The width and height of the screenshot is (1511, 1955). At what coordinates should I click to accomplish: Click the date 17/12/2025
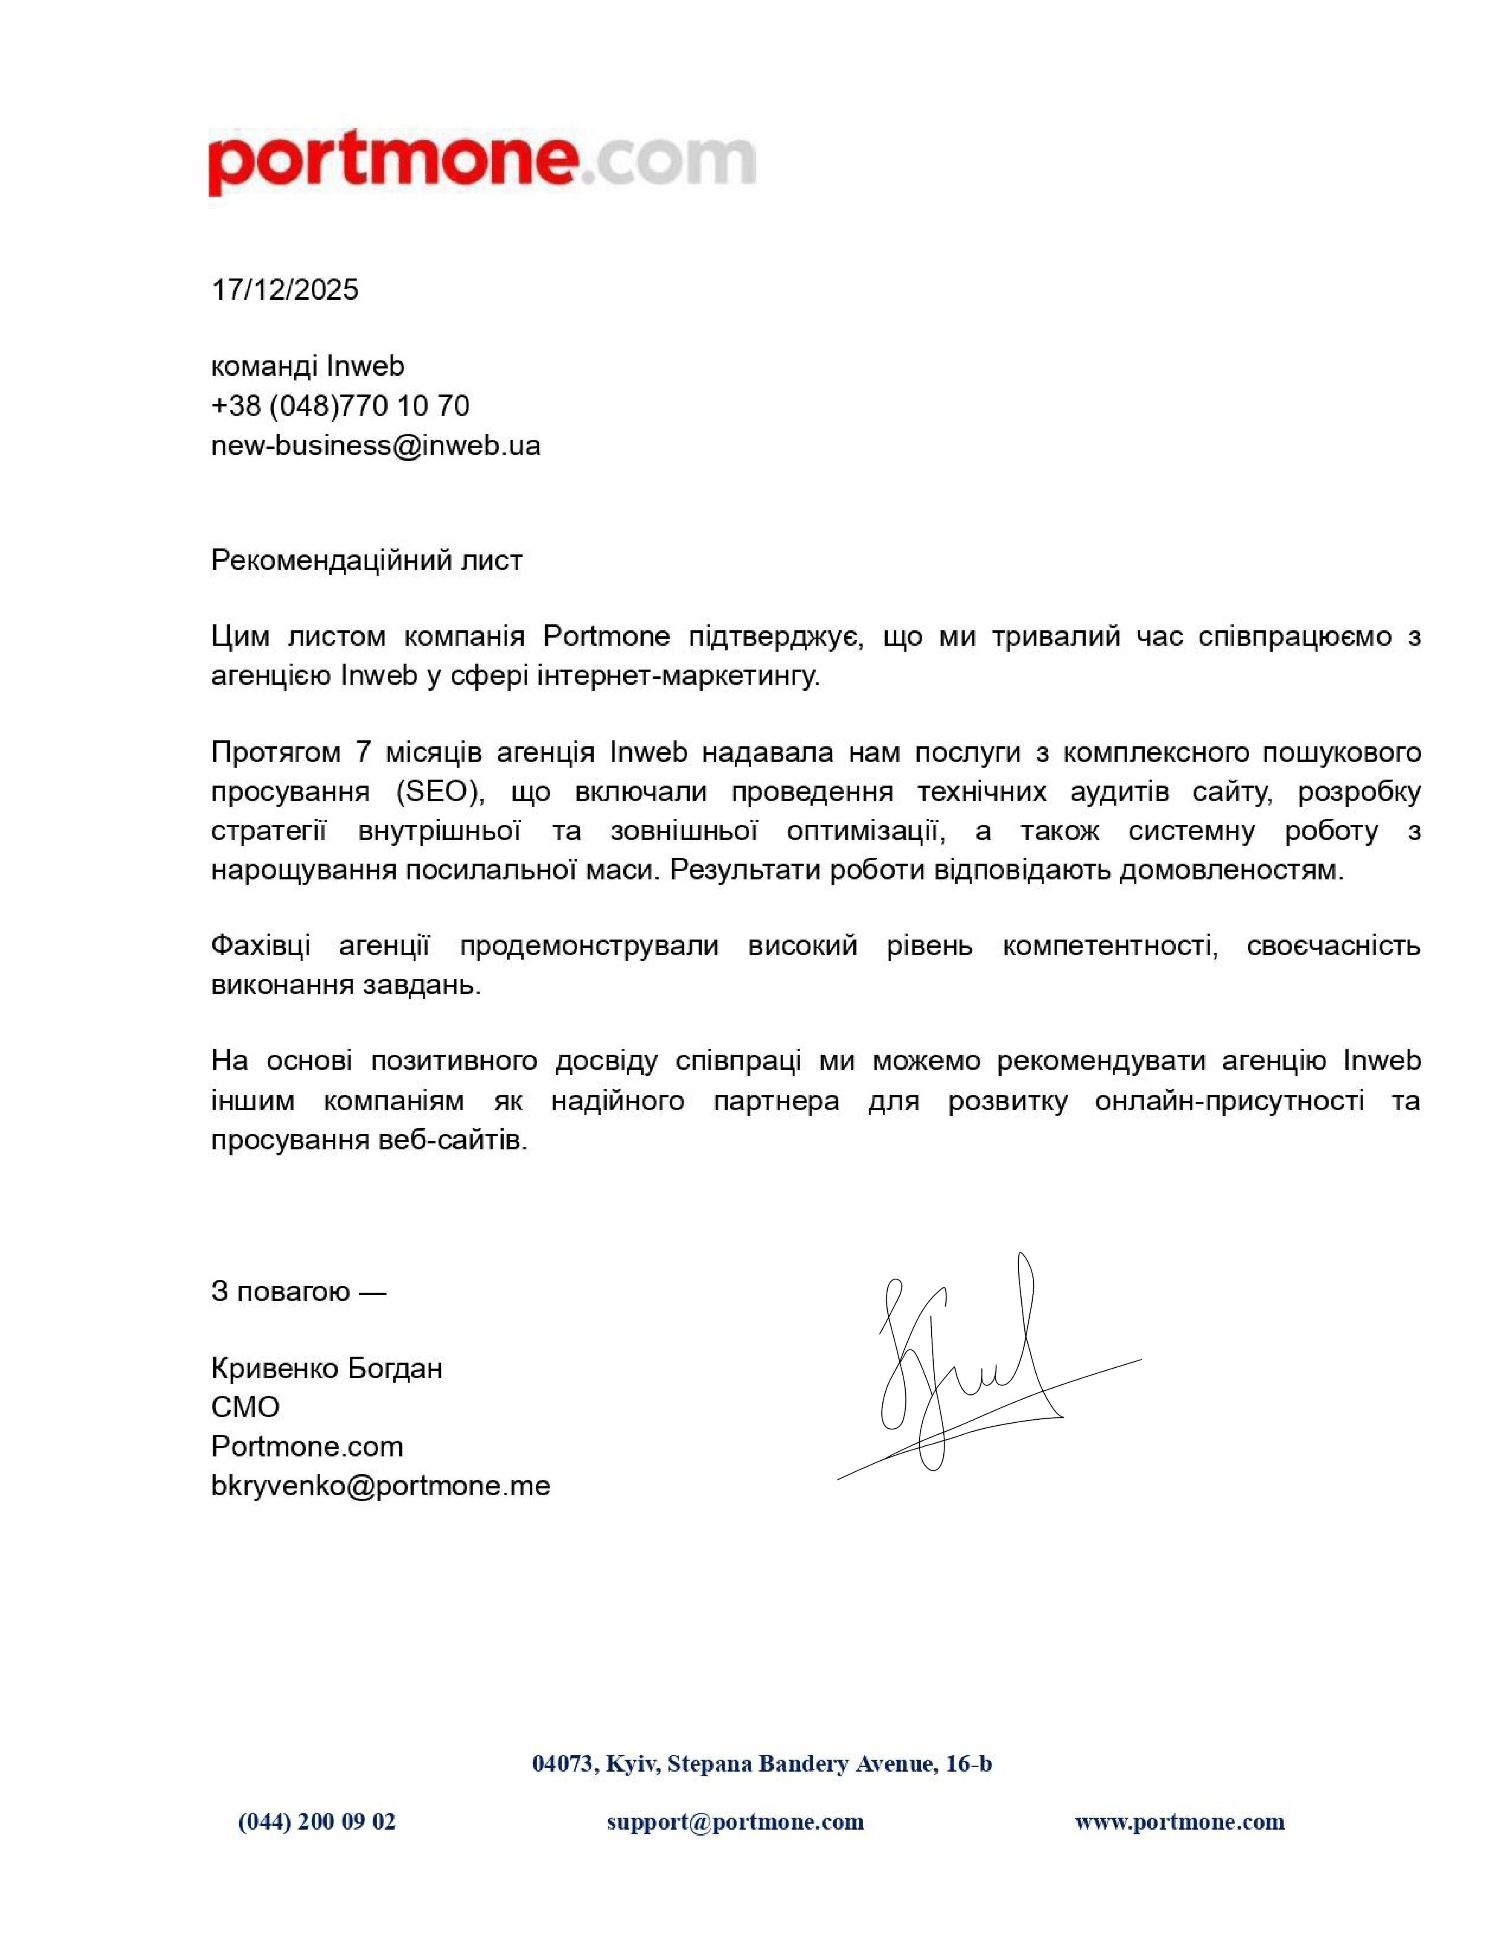[285, 290]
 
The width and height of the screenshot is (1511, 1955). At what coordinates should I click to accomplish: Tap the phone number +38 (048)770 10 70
[340, 406]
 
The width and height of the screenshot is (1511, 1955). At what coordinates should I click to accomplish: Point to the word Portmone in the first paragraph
[606, 636]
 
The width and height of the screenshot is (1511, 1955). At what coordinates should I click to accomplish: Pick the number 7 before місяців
[363, 752]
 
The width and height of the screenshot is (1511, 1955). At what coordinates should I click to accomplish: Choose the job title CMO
[245, 1407]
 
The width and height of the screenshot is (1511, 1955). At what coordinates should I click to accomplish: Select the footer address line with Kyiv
[762, 1764]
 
